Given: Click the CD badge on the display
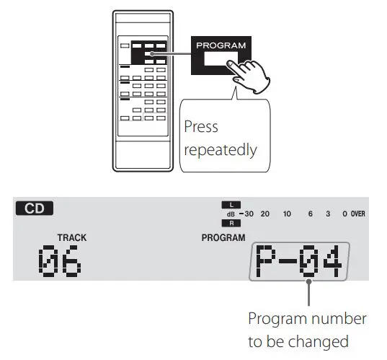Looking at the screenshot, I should click(x=35, y=209).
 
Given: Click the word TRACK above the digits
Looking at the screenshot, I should click(x=71, y=237).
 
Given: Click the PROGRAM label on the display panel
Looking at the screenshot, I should click(x=223, y=237).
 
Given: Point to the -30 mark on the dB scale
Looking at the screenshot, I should click(x=247, y=214).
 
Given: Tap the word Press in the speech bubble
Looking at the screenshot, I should click(x=201, y=127).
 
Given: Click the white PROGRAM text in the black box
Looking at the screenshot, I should click(x=221, y=45).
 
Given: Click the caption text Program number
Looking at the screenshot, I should click(x=307, y=318).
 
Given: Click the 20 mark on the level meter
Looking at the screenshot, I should click(x=265, y=214).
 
